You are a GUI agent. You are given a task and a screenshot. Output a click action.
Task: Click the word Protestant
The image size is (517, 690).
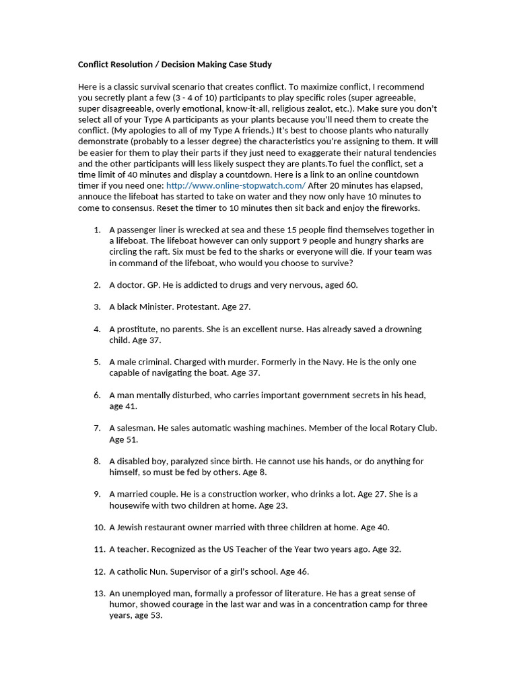point(197,307)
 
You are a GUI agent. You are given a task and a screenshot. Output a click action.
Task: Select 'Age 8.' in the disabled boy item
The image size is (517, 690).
point(254,472)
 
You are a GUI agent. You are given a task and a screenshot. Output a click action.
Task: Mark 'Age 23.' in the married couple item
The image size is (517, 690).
point(276,505)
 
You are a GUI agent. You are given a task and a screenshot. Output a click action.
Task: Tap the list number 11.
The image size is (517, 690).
point(99,549)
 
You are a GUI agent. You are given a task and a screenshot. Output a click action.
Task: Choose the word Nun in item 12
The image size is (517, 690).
point(154,571)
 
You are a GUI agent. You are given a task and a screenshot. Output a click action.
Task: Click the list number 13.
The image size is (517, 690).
point(99,593)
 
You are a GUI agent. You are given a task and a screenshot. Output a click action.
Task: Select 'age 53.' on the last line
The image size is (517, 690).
point(148,615)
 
